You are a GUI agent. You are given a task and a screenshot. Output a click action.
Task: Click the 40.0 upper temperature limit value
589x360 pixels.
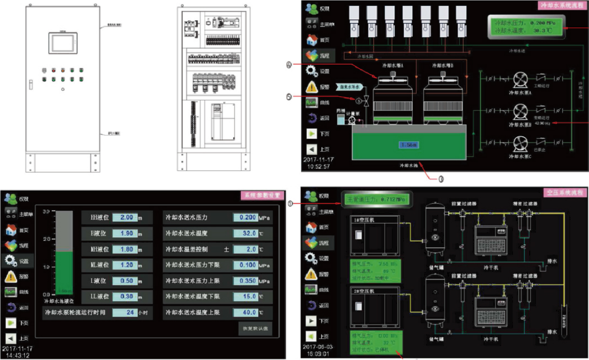[245, 313]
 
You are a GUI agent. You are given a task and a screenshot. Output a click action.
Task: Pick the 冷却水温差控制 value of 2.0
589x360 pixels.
[245, 249]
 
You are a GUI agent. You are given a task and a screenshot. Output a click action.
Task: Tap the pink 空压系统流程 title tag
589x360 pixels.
[565, 193]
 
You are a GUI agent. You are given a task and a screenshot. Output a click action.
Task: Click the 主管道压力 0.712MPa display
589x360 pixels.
[377, 199]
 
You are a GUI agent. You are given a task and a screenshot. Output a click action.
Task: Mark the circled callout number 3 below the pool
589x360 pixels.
[441, 180]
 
